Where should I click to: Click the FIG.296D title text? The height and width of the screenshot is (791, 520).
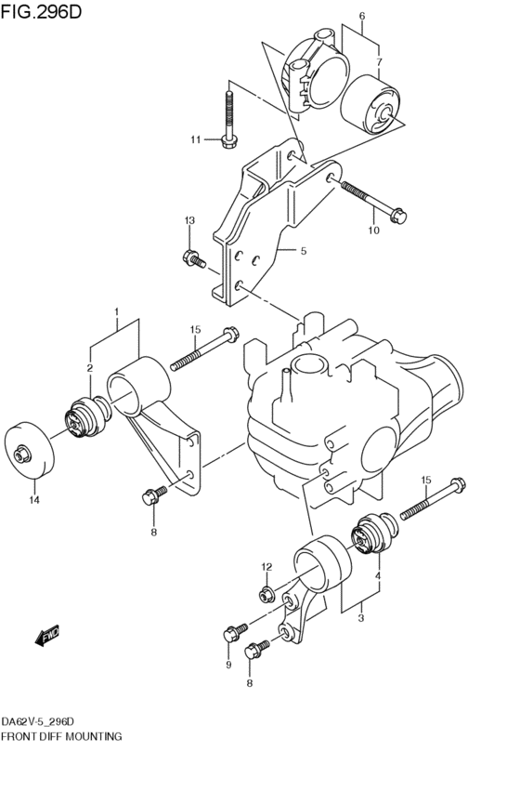[41, 11]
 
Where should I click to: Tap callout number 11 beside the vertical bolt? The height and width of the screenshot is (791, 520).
[196, 139]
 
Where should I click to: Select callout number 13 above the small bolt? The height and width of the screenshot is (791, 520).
[189, 220]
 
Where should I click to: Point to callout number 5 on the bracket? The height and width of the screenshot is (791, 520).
[304, 251]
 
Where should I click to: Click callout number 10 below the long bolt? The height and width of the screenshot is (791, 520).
[374, 231]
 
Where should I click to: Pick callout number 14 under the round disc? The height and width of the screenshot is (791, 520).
[34, 500]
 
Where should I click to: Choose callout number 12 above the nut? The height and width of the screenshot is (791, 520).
[266, 567]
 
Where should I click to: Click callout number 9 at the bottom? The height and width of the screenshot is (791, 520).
[228, 665]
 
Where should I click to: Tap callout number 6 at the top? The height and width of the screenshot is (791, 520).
[362, 16]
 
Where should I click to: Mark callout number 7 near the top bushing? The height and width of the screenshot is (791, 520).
[379, 62]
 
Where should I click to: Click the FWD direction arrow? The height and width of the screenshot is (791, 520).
[47, 636]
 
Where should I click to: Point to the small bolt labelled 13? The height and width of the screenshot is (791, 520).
[194, 259]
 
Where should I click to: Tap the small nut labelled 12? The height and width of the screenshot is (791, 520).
[267, 595]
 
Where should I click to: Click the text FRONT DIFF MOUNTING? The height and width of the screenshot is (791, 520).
[61, 736]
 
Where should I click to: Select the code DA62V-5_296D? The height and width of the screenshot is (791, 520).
[37, 722]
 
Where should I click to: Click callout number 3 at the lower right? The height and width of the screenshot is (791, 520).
[361, 618]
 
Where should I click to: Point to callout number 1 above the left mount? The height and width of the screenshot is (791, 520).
[116, 311]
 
